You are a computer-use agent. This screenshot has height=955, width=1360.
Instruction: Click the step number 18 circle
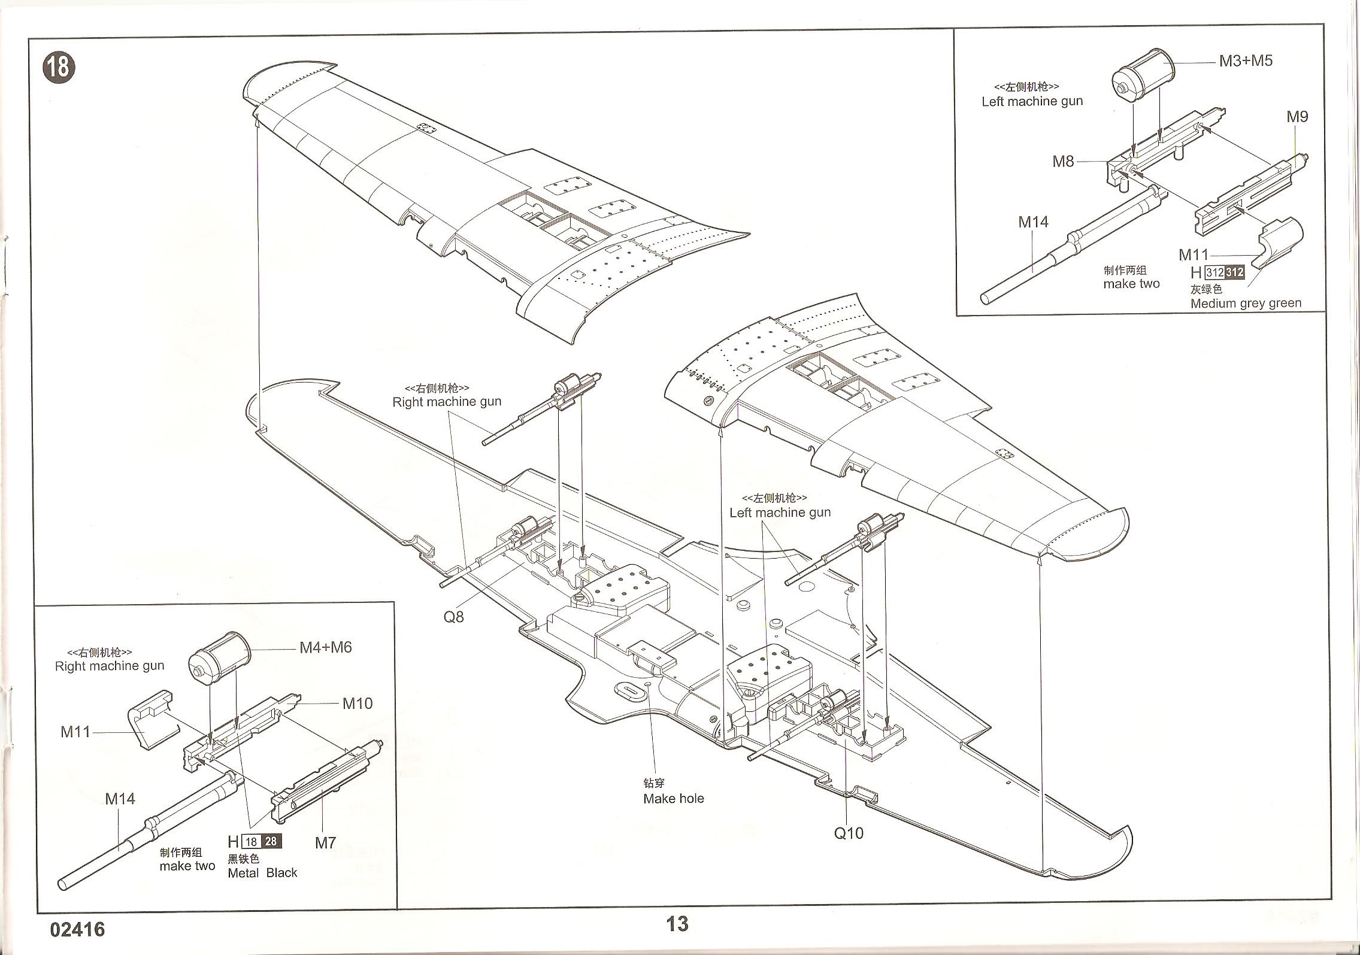click(x=59, y=68)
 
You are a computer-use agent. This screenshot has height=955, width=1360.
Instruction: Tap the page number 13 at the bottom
click(x=677, y=924)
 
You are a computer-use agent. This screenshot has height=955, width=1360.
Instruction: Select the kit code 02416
click(x=78, y=929)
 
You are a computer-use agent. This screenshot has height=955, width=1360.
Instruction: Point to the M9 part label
click(x=1297, y=117)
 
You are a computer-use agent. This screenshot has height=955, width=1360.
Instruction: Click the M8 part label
click(x=1063, y=162)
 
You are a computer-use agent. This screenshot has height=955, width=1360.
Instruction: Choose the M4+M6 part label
click(x=325, y=648)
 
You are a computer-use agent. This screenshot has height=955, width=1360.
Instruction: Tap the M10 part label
click(x=357, y=704)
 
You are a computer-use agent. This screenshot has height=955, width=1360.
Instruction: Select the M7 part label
click(x=325, y=843)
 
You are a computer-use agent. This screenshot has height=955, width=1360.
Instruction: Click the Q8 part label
click(x=453, y=617)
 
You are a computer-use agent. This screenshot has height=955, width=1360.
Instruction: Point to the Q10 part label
click(x=849, y=833)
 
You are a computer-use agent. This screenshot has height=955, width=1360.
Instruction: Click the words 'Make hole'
click(x=673, y=799)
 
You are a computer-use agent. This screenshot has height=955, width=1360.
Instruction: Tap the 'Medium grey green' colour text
click(x=1246, y=304)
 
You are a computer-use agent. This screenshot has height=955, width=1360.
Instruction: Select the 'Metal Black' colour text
click(x=262, y=873)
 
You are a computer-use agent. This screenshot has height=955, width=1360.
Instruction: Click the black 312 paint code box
click(x=1235, y=272)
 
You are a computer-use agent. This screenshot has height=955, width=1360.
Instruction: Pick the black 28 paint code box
click(x=271, y=841)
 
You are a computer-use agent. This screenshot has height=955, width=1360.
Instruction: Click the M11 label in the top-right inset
click(x=1194, y=255)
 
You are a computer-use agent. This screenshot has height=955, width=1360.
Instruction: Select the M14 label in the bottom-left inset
click(x=120, y=799)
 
